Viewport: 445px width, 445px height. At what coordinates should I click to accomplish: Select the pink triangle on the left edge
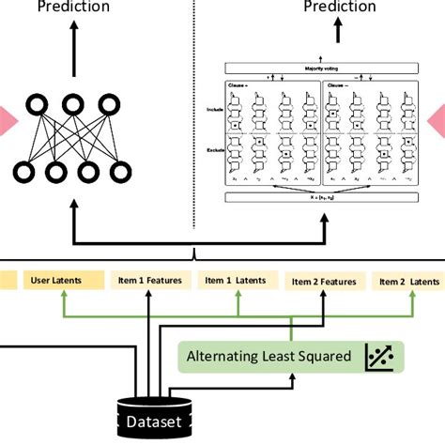click(x=6, y=119)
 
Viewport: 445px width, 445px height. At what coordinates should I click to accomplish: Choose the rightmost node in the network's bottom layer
click(x=120, y=172)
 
